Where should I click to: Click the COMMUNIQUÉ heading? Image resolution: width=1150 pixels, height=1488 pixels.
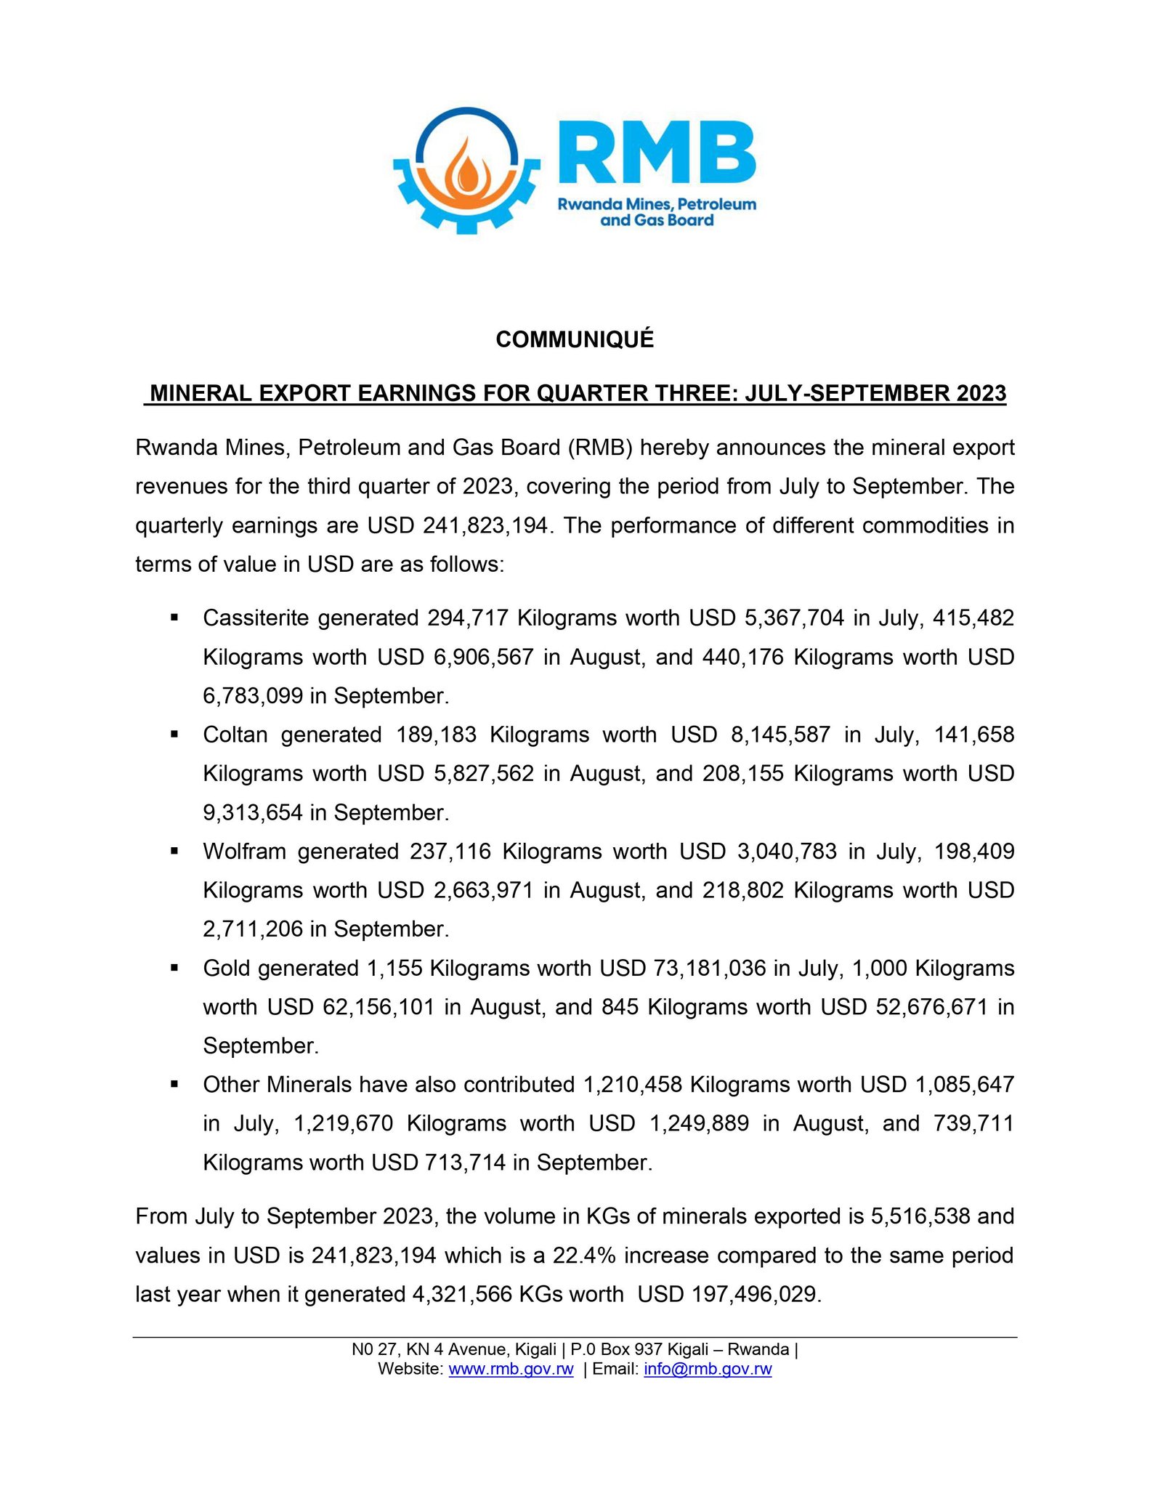pos(575,339)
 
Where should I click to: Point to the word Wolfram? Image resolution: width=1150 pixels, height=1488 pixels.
pos(245,851)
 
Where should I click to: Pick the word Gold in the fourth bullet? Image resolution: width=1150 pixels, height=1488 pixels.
pos(227,968)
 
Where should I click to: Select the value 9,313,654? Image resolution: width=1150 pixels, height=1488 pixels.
pos(252,812)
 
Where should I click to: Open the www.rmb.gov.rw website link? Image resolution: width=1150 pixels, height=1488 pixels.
pos(511,1369)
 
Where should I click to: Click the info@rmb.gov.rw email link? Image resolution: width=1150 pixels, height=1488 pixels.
pos(708,1369)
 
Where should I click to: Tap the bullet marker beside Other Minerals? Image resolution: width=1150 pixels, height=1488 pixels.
pos(174,1084)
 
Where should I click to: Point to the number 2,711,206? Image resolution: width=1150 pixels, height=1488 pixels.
pos(252,929)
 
